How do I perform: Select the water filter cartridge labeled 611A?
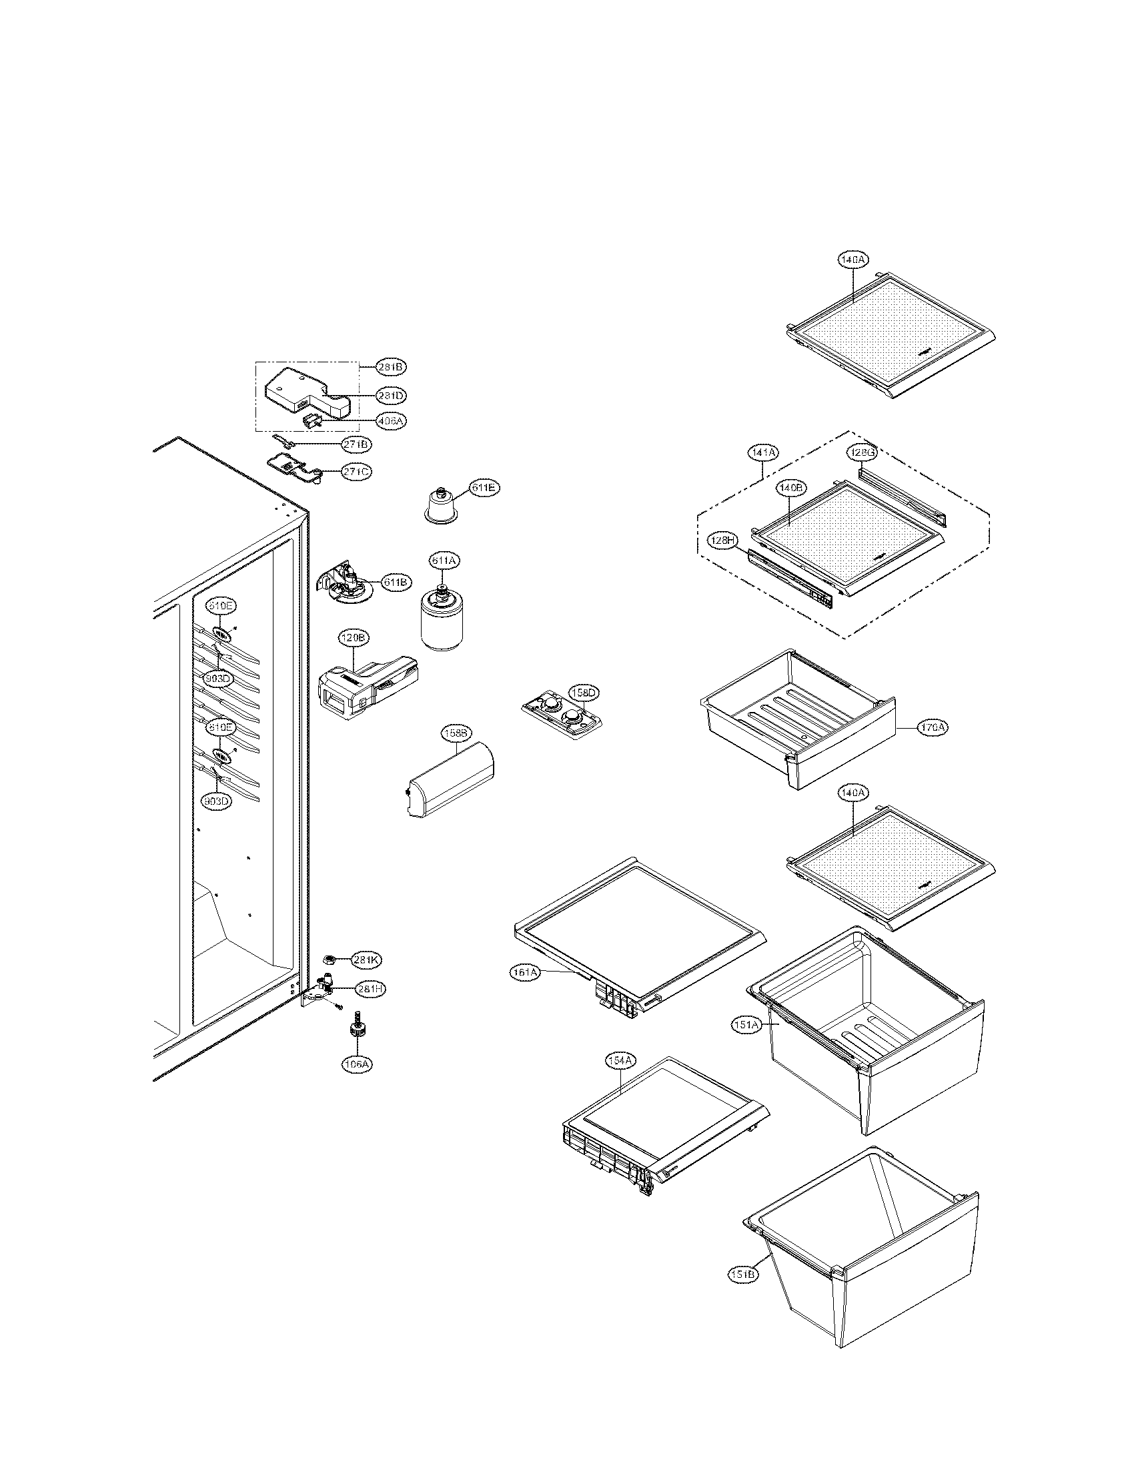(x=442, y=623)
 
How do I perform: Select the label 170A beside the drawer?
(x=933, y=727)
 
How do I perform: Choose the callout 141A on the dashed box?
(x=762, y=453)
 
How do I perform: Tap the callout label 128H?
(x=722, y=540)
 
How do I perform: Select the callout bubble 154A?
(x=620, y=1061)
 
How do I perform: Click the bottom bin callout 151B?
(x=742, y=1274)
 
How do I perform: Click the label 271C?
(x=355, y=472)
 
